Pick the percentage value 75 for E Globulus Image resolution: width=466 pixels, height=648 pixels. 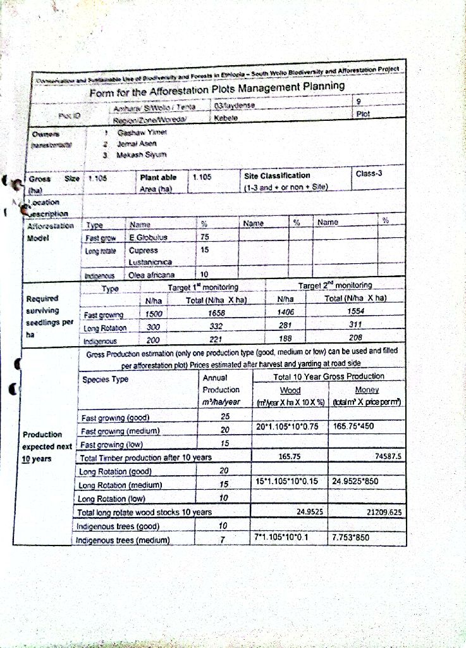point(204,237)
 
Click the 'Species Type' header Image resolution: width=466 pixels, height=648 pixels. point(105,379)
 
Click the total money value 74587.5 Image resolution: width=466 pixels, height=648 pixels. point(388,456)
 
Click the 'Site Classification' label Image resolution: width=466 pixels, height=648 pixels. point(278,175)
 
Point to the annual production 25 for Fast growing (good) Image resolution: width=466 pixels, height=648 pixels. point(224,416)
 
